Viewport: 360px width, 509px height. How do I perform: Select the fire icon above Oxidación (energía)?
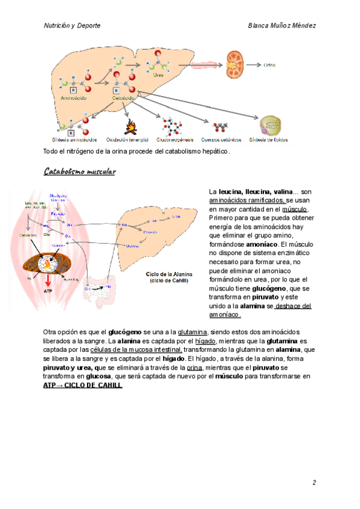(x=129, y=127)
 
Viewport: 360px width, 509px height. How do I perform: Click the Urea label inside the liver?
(x=158, y=75)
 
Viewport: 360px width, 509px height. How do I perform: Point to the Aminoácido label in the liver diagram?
(x=74, y=97)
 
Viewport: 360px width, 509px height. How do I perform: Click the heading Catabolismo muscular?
(x=80, y=172)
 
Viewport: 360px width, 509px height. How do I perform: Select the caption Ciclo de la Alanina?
(x=169, y=274)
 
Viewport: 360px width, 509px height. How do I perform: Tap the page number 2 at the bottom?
(x=314, y=483)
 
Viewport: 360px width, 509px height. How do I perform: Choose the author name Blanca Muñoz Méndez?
(x=282, y=26)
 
